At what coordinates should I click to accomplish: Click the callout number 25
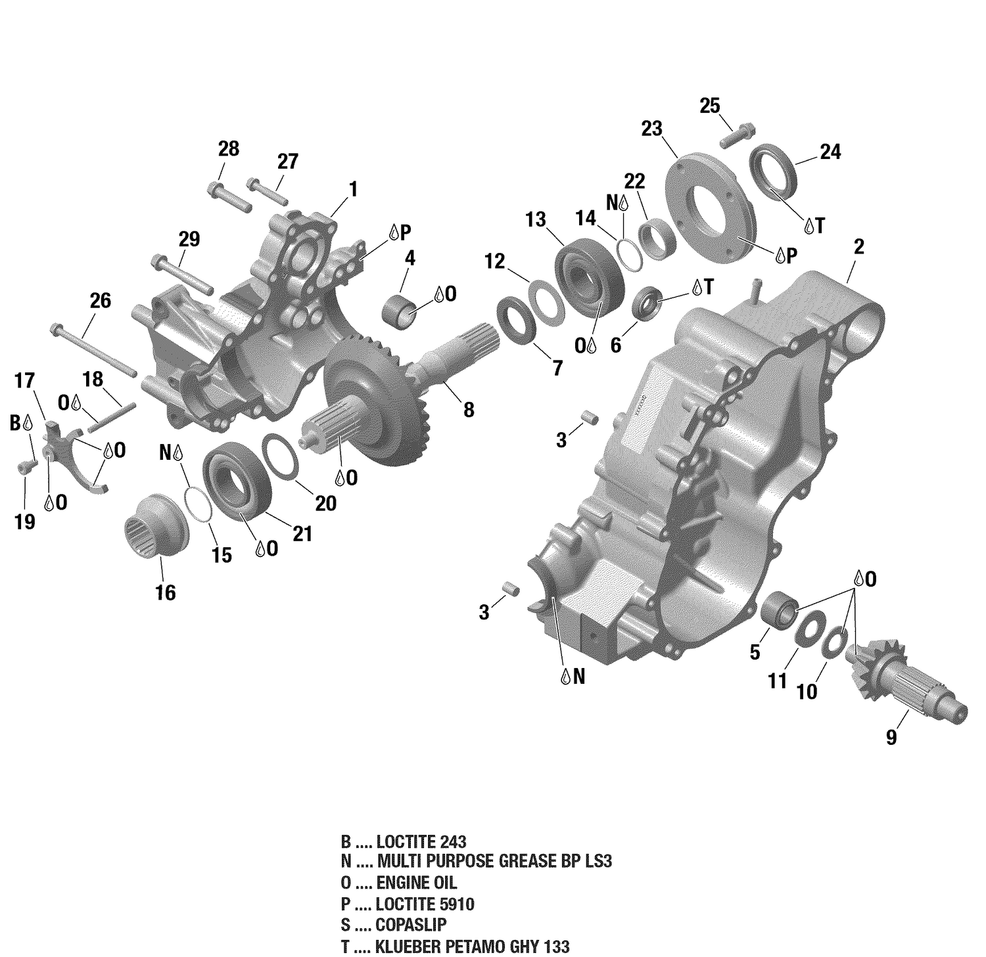tap(709, 106)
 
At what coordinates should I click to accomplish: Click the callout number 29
tap(189, 238)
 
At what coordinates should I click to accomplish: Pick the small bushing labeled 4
tap(402, 308)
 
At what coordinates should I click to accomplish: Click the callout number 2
tap(858, 247)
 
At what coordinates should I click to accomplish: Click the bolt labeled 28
tap(229, 196)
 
